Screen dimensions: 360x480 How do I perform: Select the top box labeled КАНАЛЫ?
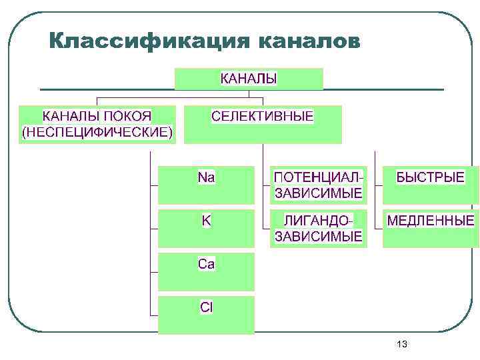point(249,79)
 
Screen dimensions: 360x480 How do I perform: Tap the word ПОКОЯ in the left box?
point(127,116)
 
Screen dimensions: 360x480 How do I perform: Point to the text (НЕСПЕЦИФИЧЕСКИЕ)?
point(97,131)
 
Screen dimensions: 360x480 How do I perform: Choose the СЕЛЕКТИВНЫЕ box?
point(263,124)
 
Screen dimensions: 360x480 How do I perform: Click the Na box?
point(207,185)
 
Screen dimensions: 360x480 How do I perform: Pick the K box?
point(207,229)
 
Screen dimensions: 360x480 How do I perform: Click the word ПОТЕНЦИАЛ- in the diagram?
point(319,177)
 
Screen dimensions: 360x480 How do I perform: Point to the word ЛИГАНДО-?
point(318,221)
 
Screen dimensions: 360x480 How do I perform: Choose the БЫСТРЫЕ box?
point(430,185)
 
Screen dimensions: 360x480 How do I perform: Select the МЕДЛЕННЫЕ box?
point(431,229)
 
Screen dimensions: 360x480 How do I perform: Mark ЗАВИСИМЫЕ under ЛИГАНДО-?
point(319,236)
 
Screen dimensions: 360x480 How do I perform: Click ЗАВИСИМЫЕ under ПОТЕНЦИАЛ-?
point(319,193)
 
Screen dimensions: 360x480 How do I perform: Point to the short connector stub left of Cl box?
point(154,315)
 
